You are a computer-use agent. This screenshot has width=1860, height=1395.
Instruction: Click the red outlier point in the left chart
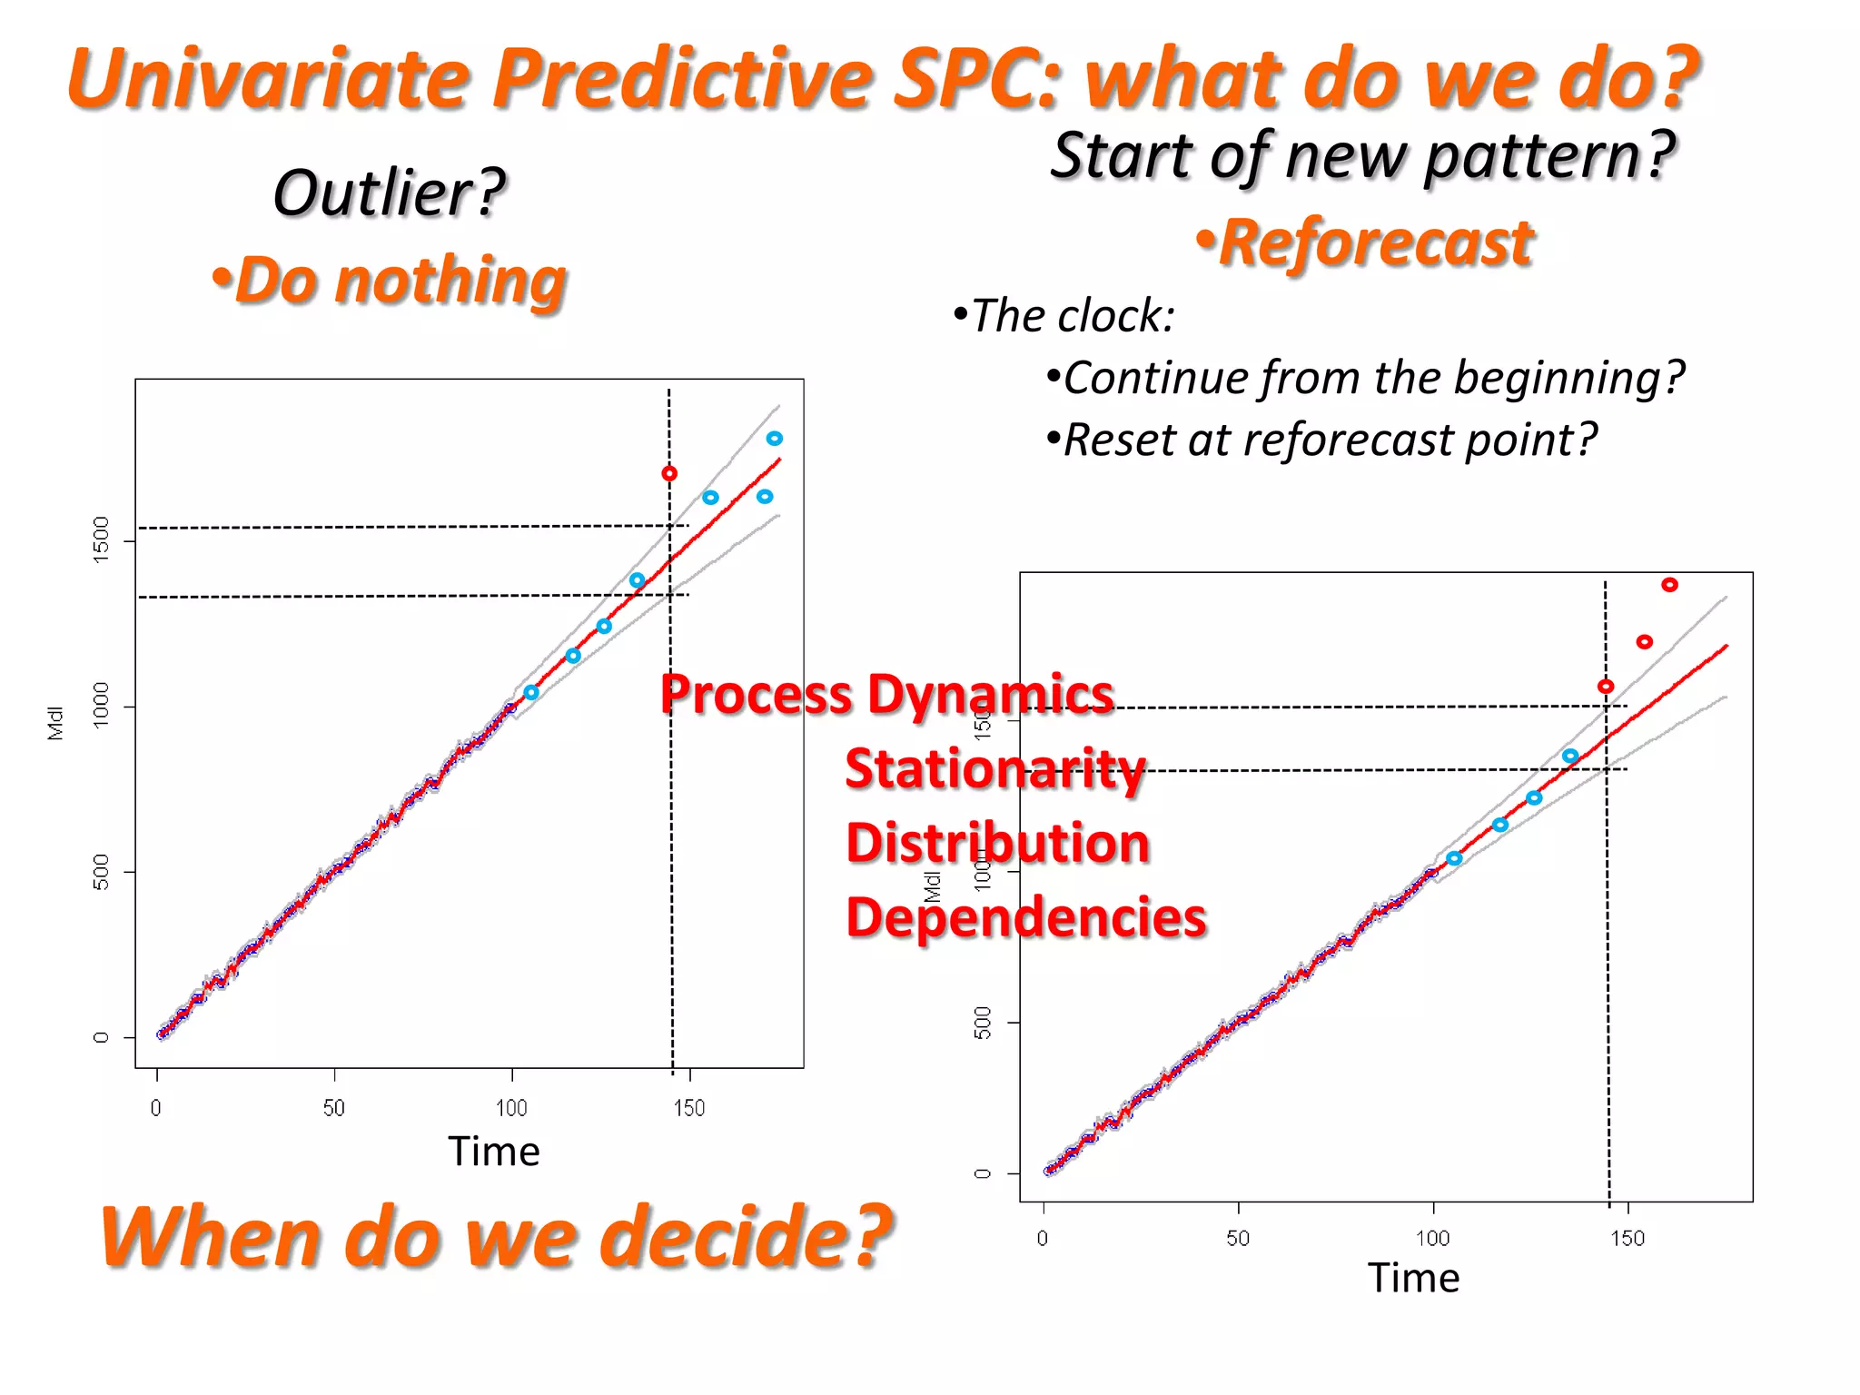[669, 473]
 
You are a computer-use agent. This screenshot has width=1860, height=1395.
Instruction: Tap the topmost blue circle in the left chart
[775, 439]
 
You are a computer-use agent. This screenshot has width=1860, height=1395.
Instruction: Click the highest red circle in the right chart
[1669, 585]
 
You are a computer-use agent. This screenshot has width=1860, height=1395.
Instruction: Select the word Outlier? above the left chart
[389, 193]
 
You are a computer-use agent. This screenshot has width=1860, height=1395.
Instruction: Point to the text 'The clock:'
[1064, 316]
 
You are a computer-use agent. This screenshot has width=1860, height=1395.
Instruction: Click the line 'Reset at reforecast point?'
[1321, 440]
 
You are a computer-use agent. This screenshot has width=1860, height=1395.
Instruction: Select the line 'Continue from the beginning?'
[1365, 378]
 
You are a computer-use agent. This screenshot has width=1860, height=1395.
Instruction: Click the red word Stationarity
[995, 768]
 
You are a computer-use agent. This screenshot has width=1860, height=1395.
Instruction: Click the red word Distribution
[997, 843]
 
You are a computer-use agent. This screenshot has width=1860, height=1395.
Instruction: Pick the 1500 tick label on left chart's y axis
[101, 539]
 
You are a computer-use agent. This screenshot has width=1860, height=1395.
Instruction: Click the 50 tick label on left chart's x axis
[333, 1108]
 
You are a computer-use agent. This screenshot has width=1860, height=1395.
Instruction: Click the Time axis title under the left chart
[493, 1152]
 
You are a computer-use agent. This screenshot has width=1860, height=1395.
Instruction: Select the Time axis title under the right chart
[1413, 1278]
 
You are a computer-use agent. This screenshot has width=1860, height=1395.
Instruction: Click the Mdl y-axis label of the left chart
[55, 723]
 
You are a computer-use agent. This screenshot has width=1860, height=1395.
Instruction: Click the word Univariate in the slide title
[268, 79]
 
